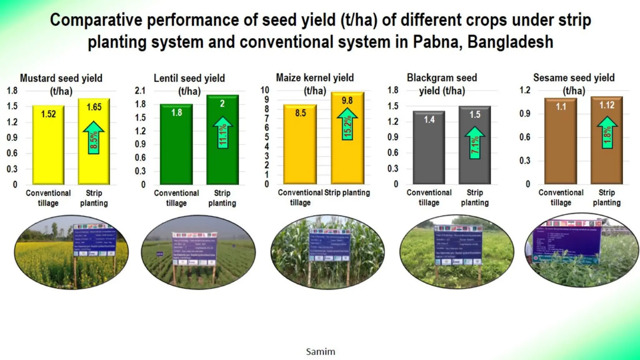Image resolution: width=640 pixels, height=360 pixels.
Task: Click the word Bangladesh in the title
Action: (510, 42)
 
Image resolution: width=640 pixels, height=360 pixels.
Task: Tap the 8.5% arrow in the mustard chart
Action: (94, 137)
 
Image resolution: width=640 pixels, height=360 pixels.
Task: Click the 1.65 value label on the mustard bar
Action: (94, 107)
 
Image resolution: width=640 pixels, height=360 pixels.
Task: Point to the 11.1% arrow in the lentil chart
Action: (222, 132)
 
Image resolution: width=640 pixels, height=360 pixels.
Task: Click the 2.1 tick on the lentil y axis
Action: (140, 91)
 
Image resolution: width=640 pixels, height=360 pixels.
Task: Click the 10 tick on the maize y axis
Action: (265, 90)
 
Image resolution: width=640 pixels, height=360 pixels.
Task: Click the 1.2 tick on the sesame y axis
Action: (525, 90)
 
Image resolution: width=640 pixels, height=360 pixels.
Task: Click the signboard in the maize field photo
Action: (329, 246)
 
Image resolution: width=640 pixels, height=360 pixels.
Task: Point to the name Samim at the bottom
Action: (320, 352)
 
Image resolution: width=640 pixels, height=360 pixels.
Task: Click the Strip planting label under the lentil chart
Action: (222, 198)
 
